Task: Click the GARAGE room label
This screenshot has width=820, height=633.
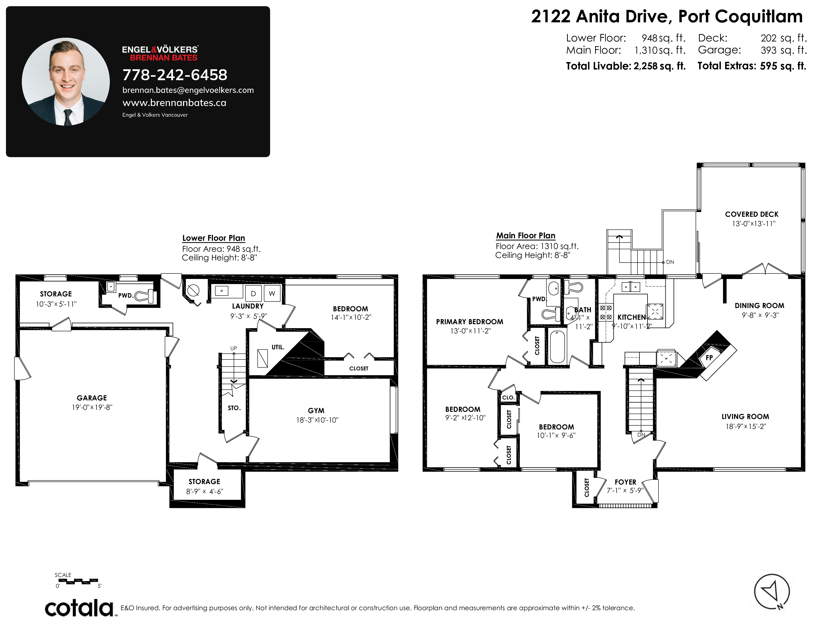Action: (x=92, y=398)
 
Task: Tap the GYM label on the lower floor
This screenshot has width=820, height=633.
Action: (x=316, y=411)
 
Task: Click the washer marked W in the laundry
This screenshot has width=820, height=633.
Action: (x=272, y=293)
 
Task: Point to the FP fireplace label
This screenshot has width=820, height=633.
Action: (x=709, y=357)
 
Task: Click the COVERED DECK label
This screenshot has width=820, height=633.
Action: (x=752, y=214)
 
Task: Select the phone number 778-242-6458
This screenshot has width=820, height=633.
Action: (x=175, y=75)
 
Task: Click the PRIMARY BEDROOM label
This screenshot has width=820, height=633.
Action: (x=470, y=322)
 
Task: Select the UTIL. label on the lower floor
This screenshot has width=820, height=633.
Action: (x=278, y=347)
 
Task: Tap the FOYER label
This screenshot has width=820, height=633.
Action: (x=625, y=482)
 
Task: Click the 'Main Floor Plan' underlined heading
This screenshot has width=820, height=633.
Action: (x=526, y=236)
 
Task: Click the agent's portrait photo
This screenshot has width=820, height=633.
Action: (x=66, y=81)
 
